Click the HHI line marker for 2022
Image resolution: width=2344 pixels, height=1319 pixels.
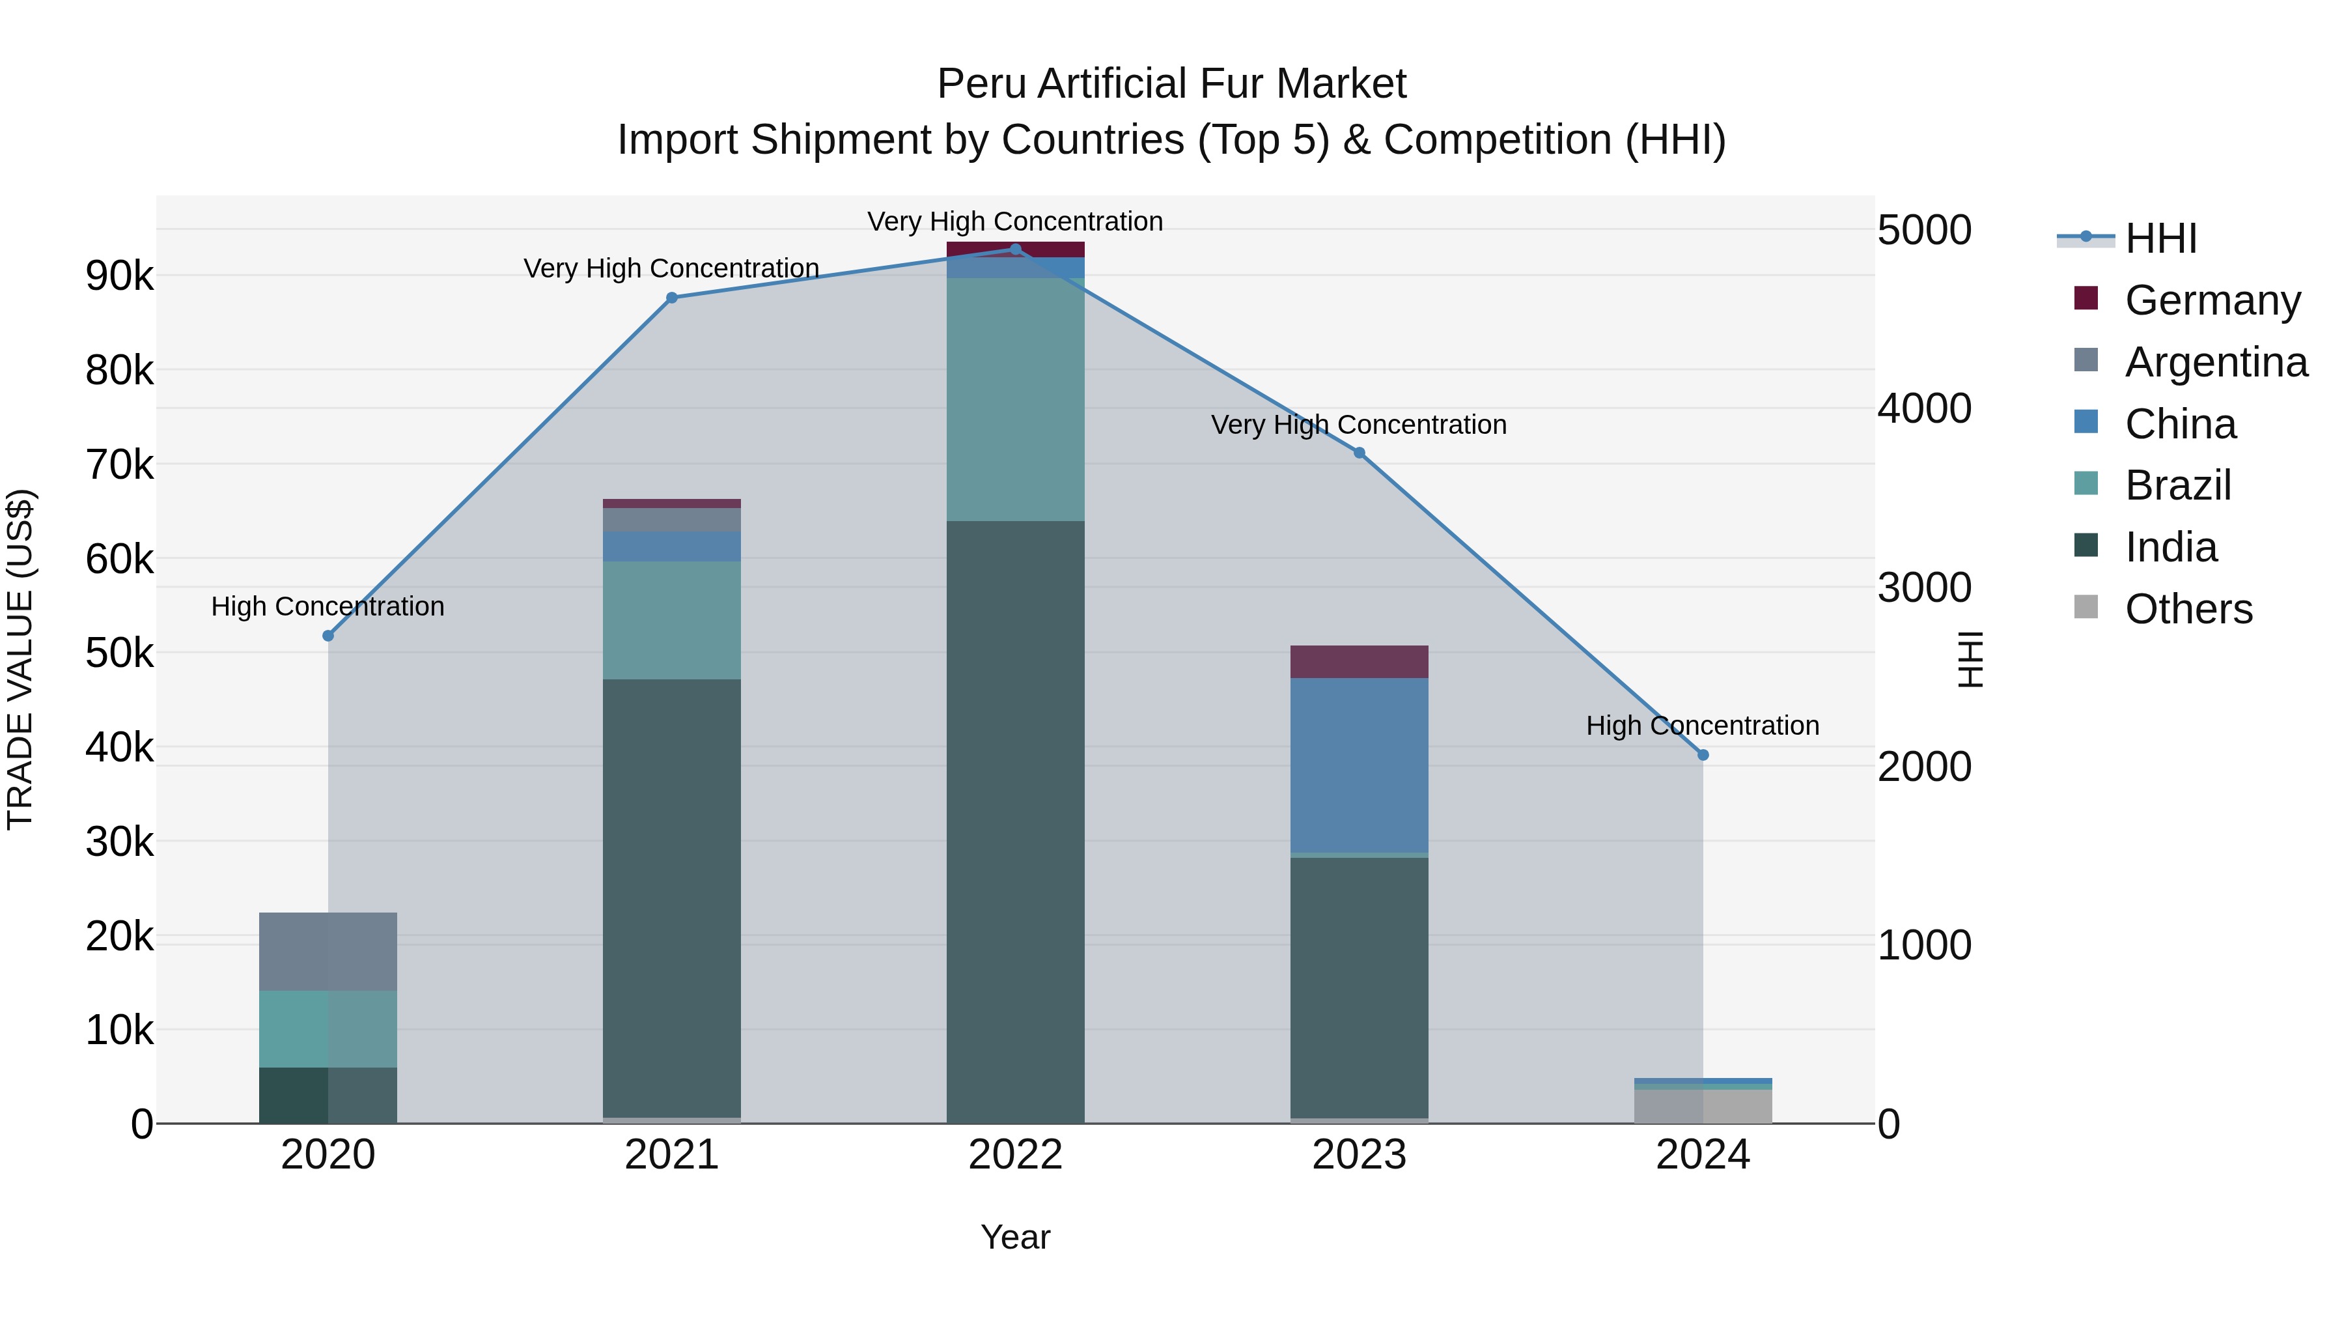[1016, 249]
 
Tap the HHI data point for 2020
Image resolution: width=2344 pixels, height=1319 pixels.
[329, 635]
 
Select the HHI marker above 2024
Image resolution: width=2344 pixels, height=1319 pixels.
[1703, 755]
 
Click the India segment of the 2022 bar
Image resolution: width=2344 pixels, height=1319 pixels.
[1016, 819]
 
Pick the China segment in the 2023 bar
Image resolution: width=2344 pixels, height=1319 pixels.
[1360, 765]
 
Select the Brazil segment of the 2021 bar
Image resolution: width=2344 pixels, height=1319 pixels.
[671, 620]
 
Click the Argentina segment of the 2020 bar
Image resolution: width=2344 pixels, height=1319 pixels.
[329, 951]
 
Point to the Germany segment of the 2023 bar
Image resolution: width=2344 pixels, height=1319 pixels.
[1360, 662]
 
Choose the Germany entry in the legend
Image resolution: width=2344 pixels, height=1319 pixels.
[2212, 300]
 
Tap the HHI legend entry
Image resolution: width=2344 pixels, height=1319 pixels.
[2160, 238]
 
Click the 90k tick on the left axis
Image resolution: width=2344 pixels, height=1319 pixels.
[119, 276]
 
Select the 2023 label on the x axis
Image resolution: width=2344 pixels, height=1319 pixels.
[1360, 1155]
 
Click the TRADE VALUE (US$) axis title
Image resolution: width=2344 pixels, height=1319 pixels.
[20, 659]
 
